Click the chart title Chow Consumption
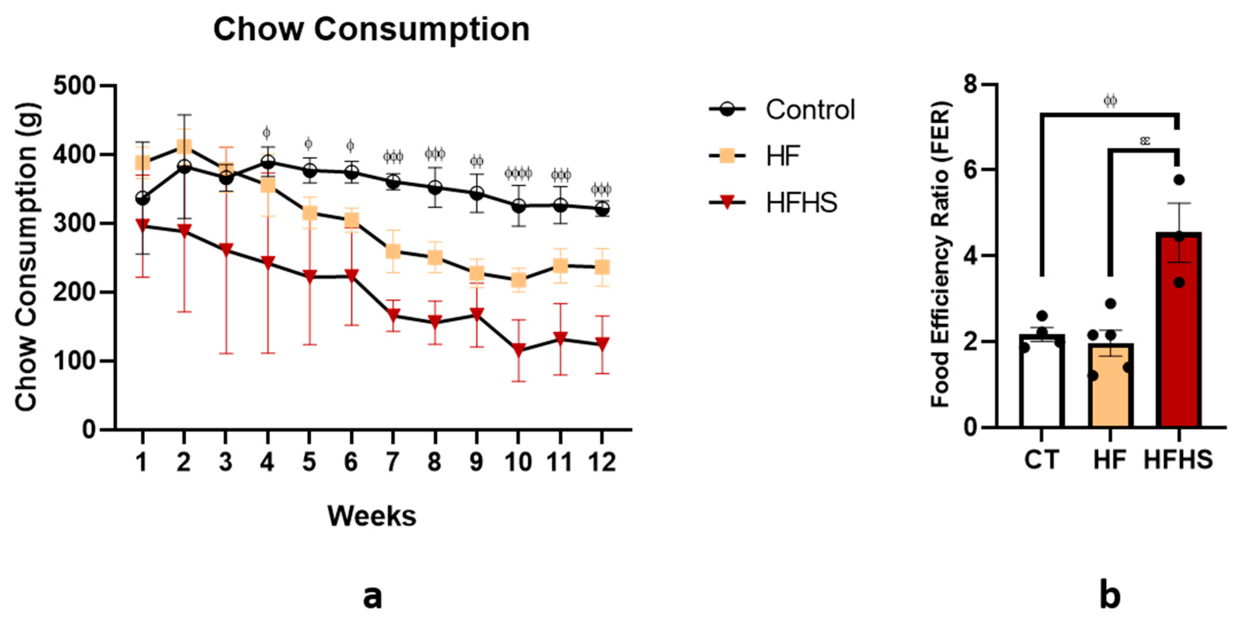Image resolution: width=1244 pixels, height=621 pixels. (371, 30)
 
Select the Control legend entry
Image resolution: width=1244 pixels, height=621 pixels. (782, 110)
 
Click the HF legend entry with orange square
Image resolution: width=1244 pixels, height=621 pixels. (753, 156)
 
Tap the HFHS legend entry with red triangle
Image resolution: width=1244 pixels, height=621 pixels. (773, 203)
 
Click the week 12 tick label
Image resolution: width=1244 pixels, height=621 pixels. (602, 462)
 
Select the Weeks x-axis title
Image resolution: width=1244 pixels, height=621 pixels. (371, 516)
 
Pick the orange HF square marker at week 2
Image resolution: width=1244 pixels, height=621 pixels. (184, 147)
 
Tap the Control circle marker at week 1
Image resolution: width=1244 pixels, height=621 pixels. (142, 198)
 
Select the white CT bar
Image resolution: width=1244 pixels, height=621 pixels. (1042, 381)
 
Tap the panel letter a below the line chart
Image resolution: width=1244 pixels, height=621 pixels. (372, 597)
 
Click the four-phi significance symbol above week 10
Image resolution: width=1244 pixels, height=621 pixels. (518, 173)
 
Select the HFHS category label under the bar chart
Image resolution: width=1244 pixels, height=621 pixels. (1178, 459)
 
